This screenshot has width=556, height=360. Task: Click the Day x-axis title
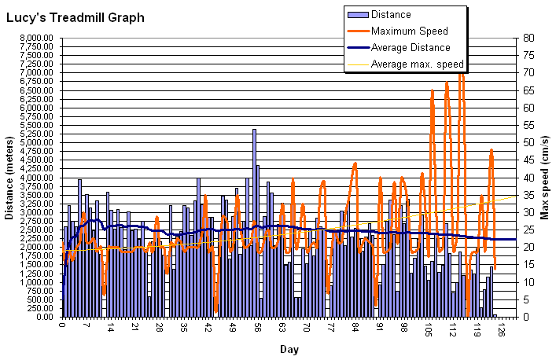(x=289, y=349)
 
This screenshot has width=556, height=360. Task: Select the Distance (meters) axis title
(x=10, y=178)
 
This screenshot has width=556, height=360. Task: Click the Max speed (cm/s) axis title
(x=544, y=178)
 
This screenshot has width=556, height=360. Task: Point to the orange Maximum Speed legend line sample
(x=358, y=31)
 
